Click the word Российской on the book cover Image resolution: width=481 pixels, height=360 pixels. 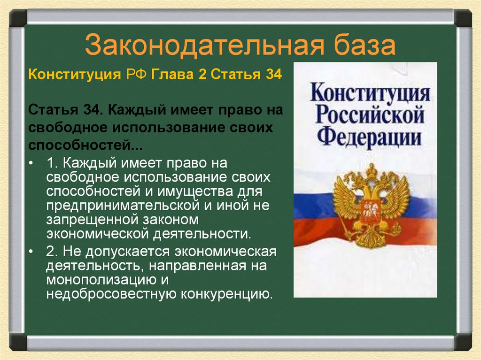[x=370, y=115]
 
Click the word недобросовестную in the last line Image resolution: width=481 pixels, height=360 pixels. [x=111, y=294]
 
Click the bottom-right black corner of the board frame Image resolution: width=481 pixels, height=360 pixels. [x=463, y=341]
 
